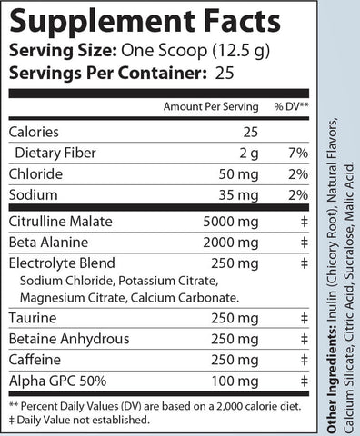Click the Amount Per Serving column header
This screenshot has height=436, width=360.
point(205,106)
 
